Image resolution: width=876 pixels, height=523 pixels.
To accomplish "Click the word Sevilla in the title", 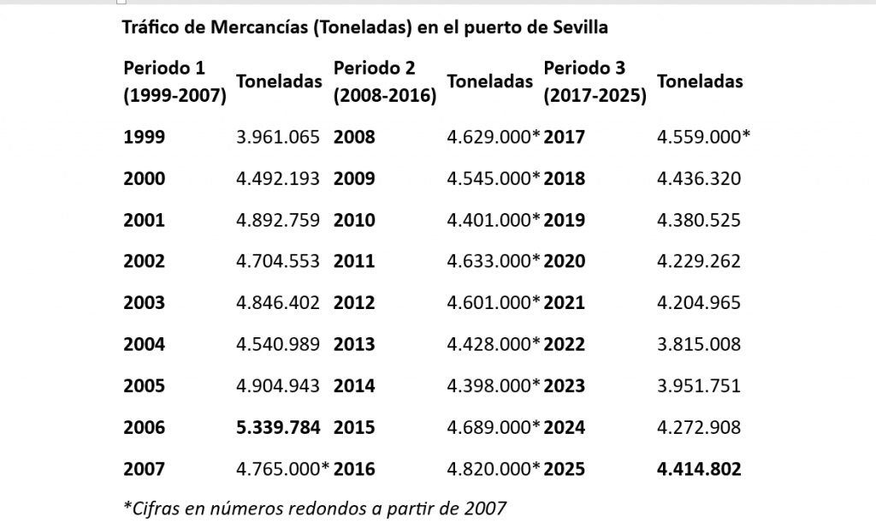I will tap(578, 27).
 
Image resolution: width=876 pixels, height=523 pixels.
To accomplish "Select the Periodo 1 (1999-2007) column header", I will tap(175, 82).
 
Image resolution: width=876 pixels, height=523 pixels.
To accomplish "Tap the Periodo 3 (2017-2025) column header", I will tap(595, 82).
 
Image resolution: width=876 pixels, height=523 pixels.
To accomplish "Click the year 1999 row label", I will tap(144, 137).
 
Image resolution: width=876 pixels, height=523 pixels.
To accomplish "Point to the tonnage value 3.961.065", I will tap(278, 137).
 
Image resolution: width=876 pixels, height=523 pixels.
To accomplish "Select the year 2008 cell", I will tap(354, 137).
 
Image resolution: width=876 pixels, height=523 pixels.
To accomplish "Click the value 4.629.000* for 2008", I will tap(494, 137).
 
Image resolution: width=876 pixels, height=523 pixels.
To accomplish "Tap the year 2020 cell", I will tap(565, 262).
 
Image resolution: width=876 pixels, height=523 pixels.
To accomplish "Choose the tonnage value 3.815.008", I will tap(699, 345).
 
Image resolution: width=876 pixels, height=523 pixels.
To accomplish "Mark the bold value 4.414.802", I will tap(699, 469).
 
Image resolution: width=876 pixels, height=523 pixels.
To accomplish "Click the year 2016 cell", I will tap(354, 469).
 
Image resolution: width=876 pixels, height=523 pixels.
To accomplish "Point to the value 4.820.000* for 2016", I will tap(494, 469).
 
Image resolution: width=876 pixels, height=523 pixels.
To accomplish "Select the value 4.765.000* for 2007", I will tap(282, 469).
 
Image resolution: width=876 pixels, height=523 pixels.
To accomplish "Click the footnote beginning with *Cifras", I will tap(315, 508).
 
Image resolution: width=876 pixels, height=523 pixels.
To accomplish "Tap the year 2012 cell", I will tap(354, 303).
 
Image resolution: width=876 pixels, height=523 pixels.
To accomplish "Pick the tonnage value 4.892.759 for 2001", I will tap(278, 220).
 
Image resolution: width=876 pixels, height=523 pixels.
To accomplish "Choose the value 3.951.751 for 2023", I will tap(699, 386).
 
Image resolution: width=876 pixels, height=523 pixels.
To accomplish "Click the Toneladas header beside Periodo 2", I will tap(489, 82).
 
